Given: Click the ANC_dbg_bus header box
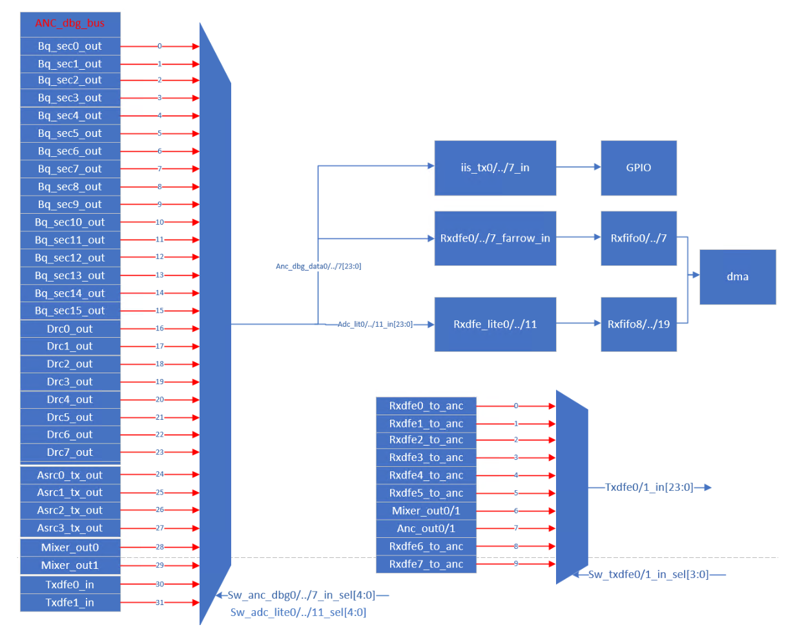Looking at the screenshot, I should click(70, 23).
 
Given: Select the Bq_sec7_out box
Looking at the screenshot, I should click(70, 169).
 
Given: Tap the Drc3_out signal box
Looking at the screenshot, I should click(70, 382).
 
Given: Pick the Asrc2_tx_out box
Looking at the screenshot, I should click(70, 510).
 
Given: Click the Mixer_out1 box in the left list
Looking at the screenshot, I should click(70, 565).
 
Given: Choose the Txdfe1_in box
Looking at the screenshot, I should click(70, 602).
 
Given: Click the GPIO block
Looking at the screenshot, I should click(638, 168).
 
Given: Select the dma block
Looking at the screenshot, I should click(738, 277).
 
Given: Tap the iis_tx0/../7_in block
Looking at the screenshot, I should click(495, 168).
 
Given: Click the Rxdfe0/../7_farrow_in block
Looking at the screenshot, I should click(495, 238).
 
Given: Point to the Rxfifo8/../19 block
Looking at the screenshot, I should click(638, 324).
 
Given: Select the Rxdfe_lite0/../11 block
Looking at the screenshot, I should click(495, 324).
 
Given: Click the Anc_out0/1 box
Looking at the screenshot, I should click(426, 528).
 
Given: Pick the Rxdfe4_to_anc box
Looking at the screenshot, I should click(426, 475).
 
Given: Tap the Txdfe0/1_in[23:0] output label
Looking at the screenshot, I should click(648, 488).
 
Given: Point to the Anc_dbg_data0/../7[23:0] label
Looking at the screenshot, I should click(318, 266).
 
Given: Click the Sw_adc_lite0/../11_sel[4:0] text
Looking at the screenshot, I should click(298, 612).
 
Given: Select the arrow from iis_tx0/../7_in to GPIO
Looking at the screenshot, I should click(578, 167).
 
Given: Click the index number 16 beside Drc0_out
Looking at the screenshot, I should click(160, 328).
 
